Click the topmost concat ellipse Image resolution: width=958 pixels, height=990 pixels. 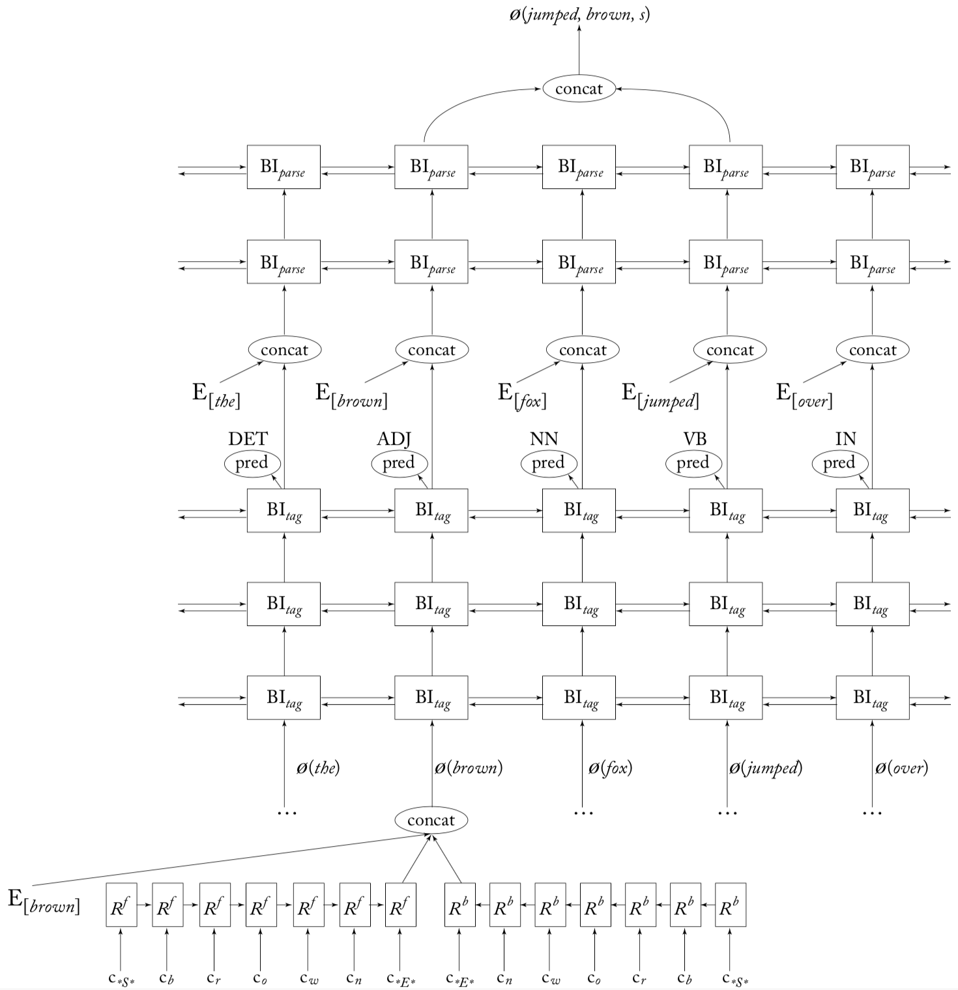point(579,89)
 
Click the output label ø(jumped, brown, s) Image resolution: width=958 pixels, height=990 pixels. point(579,14)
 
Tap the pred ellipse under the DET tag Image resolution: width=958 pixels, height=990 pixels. point(252,464)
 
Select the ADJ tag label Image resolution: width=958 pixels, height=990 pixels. point(394,439)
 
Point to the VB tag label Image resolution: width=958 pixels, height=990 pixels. point(695,439)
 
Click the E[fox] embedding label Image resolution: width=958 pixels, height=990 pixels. point(522,395)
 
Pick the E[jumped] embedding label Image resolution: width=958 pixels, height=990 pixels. point(660,395)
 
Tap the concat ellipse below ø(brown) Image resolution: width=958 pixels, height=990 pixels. point(431,821)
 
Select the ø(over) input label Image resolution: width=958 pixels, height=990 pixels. point(901,768)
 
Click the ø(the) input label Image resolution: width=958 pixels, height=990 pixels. point(318,768)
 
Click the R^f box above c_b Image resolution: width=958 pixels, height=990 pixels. point(167,905)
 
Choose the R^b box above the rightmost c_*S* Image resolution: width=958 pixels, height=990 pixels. point(730,905)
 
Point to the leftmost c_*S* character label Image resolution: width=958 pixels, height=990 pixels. point(121,978)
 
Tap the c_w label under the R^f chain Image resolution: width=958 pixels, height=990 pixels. point(308,978)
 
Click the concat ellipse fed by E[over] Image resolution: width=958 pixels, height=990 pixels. point(872,350)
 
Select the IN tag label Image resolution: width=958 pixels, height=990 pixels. point(845,439)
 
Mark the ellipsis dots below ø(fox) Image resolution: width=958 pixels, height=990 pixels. point(583,813)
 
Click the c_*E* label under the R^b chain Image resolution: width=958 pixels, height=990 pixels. point(460,978)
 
